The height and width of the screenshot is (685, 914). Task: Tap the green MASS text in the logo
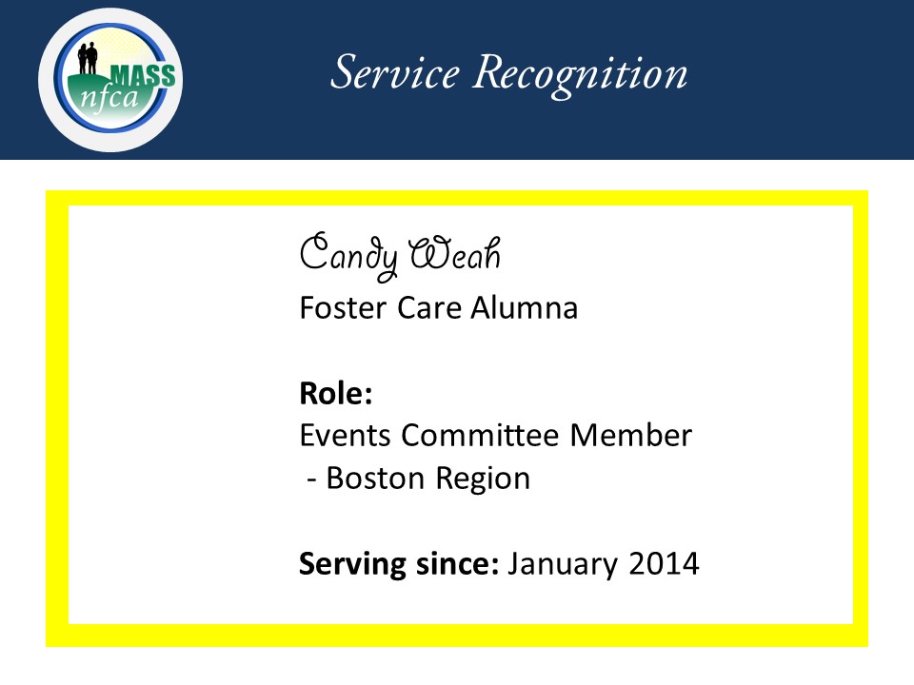(143, 76)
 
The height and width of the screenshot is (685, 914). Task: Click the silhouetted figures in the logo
(88, 58)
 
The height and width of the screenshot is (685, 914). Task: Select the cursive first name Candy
(348, 256)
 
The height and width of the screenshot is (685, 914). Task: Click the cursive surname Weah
(455, 254)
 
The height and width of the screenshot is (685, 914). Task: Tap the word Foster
(343, 307)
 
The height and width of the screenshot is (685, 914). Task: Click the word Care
(430, 307)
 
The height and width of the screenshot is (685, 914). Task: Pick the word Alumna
(525, 307)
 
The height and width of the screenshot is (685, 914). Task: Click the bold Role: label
(336, 393)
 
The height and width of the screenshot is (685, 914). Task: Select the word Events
(345, 435)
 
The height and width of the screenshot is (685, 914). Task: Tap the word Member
(631, 435)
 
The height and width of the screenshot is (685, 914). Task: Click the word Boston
(375, 479)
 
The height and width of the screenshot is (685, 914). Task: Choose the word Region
(484, 479)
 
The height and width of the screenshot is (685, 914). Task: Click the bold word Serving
(352, 565)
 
